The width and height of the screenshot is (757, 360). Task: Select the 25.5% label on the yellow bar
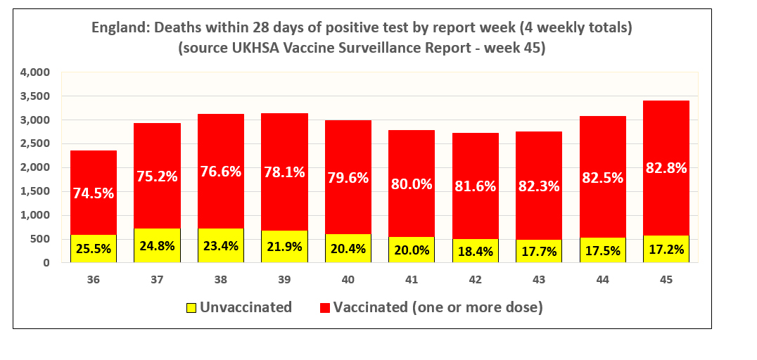(94, 248)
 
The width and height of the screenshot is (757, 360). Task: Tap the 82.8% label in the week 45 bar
(666, 168)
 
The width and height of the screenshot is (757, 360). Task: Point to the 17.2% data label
(666, 249)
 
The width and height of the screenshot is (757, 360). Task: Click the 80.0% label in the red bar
(412, 186)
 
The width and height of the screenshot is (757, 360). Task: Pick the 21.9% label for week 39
(284, 247)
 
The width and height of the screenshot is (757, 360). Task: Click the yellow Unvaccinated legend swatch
(190, 307)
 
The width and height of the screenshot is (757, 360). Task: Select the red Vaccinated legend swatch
(324, 307)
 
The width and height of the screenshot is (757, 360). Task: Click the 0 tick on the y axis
(46, 263)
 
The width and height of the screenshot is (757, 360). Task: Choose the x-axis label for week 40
(348, 280)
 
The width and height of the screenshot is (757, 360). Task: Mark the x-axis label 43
(539, 280)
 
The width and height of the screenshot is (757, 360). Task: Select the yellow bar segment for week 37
(157, 245)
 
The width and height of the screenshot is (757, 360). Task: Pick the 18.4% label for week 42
(476, 250)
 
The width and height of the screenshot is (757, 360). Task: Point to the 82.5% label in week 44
(603, 178)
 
